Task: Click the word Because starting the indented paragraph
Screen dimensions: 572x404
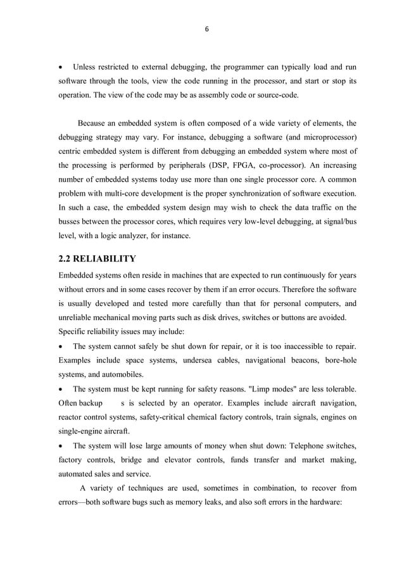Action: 94,123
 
